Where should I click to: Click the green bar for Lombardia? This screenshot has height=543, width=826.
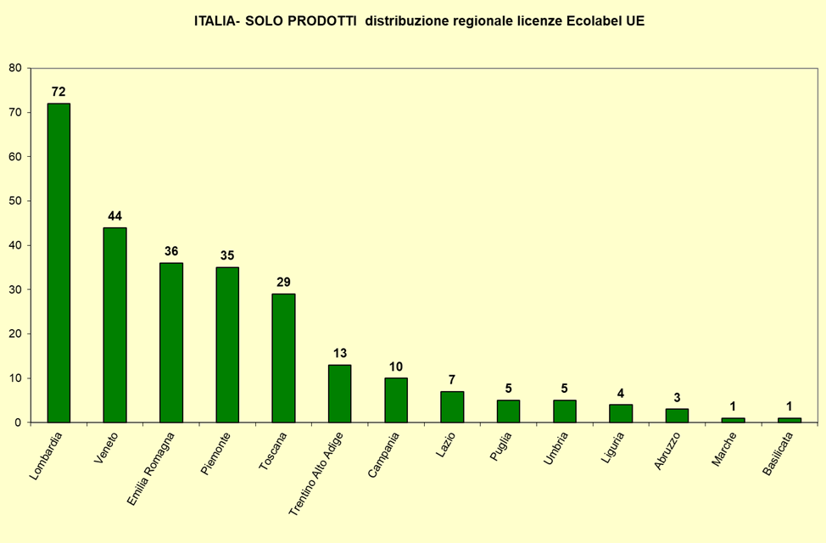[59, 262]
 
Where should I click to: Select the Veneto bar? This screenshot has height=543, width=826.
[114, 324]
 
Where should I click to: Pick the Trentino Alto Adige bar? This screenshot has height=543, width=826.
[339, 393]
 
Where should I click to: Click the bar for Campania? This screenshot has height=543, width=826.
[396, 400]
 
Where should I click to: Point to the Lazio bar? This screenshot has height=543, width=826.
[452, 406]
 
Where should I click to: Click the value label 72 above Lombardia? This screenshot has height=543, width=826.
[59, 92]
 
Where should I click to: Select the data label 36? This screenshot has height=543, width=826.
[170, 251]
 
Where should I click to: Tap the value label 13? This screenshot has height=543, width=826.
[339, 353]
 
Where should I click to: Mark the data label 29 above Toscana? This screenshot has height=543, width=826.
[283, 282]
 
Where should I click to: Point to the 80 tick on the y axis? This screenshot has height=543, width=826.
[15, 68]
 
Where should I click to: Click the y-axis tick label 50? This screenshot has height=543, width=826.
[15, 201]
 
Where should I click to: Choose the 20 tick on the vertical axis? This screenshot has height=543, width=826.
[15, 333]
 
